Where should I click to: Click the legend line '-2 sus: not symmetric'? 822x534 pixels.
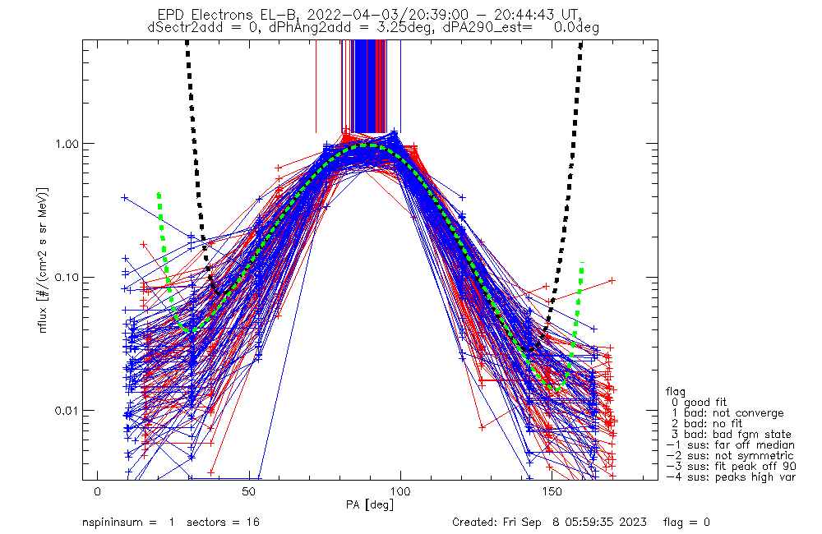(x=730, y=455)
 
